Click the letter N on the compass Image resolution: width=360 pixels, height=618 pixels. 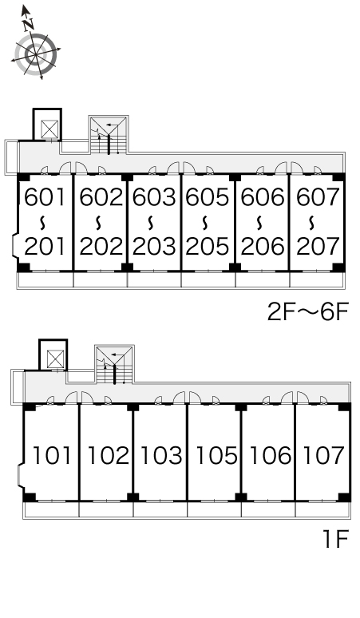[x=28, y=25]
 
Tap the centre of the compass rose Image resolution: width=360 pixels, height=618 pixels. [x=36, y=54]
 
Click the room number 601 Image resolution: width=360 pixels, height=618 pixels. [x=44, y=197]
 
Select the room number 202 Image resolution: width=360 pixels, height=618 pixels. [x=101, y=247]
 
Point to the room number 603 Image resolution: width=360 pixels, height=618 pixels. [x=154, y=197]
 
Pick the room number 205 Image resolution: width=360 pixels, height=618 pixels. [x=208, y=247]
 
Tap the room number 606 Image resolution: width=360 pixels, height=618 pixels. [x=263, y=197]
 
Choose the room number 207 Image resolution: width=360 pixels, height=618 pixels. [x=318, y=247]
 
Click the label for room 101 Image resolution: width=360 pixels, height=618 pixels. [x=52, y=455]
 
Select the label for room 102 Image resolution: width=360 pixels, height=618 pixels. [x=108, y=455]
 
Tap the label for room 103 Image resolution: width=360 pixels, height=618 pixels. [x=161, y=455]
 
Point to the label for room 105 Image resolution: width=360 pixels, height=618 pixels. [x=216, y=455]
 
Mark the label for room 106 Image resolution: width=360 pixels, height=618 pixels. [x=270, y=455]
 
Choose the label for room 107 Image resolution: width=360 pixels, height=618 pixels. [x=323, y=455]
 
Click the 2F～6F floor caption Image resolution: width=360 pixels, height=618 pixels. [x=308, y=312]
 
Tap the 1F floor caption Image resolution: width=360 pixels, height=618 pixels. [x=335, y=539]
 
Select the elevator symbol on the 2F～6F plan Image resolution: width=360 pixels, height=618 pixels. [x=49, y=129]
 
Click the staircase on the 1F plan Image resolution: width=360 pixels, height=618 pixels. [x=114, y=365]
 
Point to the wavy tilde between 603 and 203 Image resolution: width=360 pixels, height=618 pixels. [x=151, y=223]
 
